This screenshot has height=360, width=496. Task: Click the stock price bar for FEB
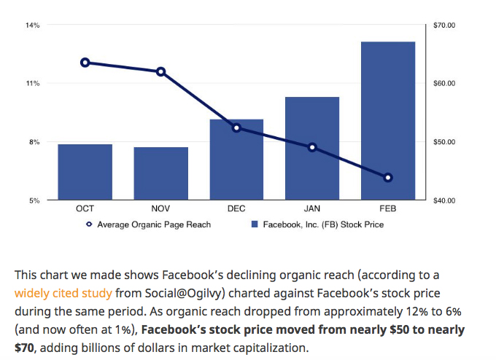pyautogui.click(x=388, y=120)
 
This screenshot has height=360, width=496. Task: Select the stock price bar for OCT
pyautogui.click(x=85, y=172)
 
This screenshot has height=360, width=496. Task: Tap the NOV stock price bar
pyautogui.click(x=160, y=173)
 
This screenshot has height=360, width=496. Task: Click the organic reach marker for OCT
pyautogui.click(x=85, y=63)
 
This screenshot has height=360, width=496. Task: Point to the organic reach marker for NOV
pyautogui.click(x=160, y=71)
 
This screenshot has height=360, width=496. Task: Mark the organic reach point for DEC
pyautogui.click(x=236, y=128)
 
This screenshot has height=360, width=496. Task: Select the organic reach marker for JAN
pyautogui.click(x=312, y=147)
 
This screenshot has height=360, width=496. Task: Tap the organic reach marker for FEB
pyautogui.click(x=388, y=178)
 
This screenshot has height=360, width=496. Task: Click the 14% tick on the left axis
pyautogui.click(x=33, y=26)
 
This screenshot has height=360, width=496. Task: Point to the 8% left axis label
pyautogui.click(x=34, y=142)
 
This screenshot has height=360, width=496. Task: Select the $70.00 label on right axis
pyautogui.click(x=444, y=26)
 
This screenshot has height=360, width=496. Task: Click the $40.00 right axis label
pyautogui.click(x=444, y=200)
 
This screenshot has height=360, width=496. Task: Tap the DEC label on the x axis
pyautogui.click(x=236, y=209)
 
